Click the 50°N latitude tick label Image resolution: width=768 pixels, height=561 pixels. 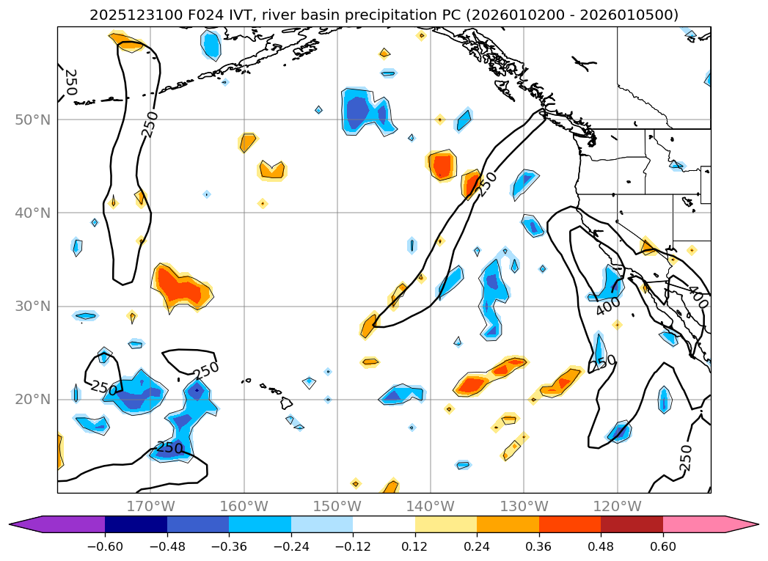pos(32,120)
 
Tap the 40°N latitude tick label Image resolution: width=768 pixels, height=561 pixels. pos(32,213)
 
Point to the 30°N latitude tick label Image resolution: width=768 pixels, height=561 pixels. pos(32,306)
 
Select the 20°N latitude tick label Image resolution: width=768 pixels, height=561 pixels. pos(32,399)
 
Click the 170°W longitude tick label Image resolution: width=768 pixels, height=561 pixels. pos(150,506)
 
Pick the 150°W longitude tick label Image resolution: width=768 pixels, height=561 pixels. pos(337,506)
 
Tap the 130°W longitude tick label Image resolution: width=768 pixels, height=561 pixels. pos(523,506)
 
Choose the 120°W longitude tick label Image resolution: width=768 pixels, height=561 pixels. pos(617,506)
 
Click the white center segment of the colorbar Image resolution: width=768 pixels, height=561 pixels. pos(384,524)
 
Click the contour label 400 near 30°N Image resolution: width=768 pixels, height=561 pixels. pos(608,307)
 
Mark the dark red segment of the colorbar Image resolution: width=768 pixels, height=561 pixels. pos(632,524)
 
